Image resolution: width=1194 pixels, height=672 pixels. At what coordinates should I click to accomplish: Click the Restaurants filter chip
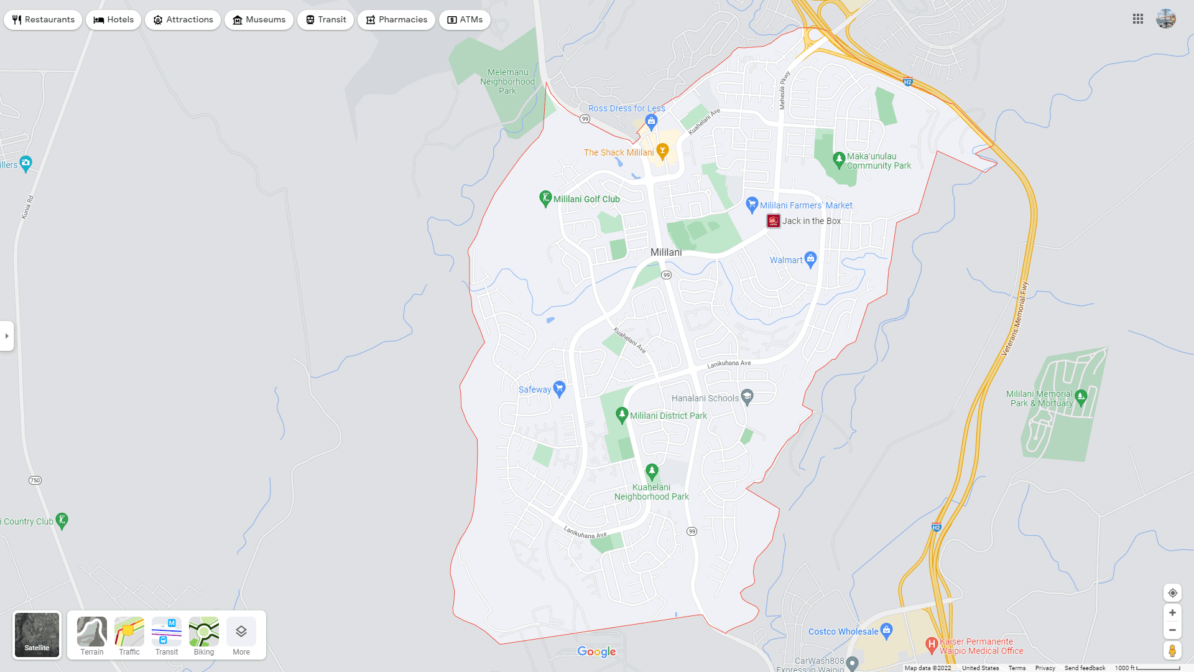[x=43, y=20]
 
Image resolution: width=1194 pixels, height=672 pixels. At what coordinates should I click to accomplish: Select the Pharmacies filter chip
[x=396, y=20]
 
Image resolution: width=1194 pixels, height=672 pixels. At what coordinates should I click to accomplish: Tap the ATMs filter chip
[x=465, y=20]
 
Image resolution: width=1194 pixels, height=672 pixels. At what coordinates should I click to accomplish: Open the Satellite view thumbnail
[x=37, y=635]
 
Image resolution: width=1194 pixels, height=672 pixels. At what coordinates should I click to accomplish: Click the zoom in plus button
[x=1172, y=613]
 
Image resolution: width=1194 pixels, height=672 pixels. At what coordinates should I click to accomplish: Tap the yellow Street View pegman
[x=1172, y=651]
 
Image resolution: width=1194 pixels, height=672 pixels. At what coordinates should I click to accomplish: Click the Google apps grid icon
[x=1138, y=19]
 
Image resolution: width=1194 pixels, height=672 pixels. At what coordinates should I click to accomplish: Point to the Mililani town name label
[x=666, y=252]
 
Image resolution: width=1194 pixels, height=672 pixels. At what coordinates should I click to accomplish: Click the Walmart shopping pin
[x=810, y=259]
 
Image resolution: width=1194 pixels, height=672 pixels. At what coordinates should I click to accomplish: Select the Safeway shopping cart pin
[x=559, y=389]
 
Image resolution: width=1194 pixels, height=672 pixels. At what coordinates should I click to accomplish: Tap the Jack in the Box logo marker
[x=773, y=221]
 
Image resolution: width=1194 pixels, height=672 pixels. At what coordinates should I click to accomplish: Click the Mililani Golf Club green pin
[x=545, y=198]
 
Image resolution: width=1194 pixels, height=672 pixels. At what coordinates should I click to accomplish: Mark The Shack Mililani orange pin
[x=662, y=151]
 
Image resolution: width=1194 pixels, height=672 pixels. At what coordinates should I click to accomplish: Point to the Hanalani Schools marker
[x=747, y=396]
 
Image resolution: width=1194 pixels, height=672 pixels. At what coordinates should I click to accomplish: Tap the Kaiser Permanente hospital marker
[x=931, y=645]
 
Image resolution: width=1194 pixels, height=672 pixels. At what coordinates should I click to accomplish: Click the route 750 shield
[x=35, y=480]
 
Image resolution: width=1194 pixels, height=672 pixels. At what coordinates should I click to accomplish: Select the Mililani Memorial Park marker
[x=1081, y=396]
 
